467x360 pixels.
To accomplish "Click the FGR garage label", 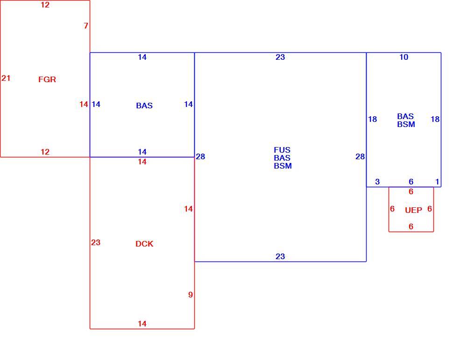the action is tap(47, 79).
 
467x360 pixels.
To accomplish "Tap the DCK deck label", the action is tap(144, 244).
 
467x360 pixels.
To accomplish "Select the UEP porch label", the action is tap(413, 210).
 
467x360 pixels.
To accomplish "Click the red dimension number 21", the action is tap(6, 78).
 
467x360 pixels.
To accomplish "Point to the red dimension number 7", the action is tap(86, 26).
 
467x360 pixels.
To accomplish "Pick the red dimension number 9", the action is tap(191, 295).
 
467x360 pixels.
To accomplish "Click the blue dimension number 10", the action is tap(403, 57).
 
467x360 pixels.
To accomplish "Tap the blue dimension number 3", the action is tap(377, 182).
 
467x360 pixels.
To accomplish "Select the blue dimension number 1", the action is tap(437, 182).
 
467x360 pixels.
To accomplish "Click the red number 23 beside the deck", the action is tap(96, 243).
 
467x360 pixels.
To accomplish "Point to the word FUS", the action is tap(282, 150).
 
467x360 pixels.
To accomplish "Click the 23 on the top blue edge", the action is tap(280, 57).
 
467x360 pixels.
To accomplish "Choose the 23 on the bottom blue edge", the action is tap(280, 256).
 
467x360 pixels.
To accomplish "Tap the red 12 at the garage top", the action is tap(45, 5).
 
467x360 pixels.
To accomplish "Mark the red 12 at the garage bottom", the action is tap(45, 152).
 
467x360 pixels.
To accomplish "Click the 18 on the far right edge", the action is tap(435, 119).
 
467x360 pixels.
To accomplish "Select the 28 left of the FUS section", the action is tap(200, 156).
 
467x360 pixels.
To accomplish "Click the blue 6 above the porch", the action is tap(411, 182).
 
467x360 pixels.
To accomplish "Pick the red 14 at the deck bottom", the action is tap(142, 324).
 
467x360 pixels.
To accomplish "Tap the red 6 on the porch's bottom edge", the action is tap(411, 226).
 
